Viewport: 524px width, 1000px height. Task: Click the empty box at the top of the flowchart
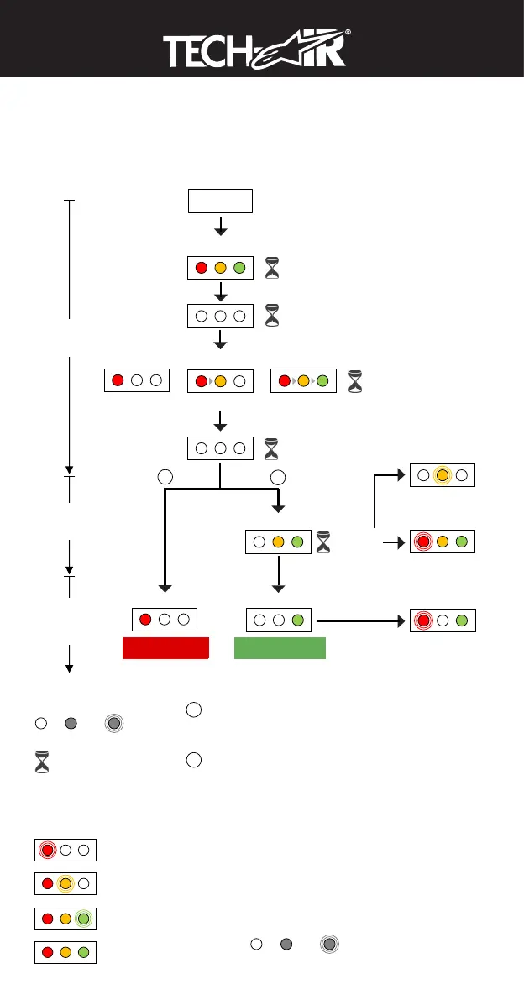point(220,201)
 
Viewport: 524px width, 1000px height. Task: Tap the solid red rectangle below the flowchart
point(165,648)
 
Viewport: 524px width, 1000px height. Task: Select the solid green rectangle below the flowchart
point(280,648)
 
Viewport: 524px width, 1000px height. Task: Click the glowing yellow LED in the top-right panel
point(443,474)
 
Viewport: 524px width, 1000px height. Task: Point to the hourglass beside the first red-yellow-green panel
point(274,270)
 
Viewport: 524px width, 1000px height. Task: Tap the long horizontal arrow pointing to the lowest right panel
point(361,621)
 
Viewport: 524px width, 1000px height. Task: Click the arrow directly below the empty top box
point(220,227)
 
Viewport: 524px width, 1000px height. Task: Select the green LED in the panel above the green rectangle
point(297,620)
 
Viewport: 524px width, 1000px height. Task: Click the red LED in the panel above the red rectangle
point(144,620)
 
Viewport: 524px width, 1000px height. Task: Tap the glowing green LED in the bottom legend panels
point(83,918)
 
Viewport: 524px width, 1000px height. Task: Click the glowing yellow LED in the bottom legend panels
point(65,883)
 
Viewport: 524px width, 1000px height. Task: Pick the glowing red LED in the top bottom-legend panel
point(47,849)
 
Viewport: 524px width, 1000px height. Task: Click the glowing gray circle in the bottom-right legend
point(330,945)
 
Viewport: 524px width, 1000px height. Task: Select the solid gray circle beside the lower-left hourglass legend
point(71,723)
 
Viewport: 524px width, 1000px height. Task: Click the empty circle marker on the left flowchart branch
point(165,477)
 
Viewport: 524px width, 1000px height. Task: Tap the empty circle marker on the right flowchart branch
point(279,477)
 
